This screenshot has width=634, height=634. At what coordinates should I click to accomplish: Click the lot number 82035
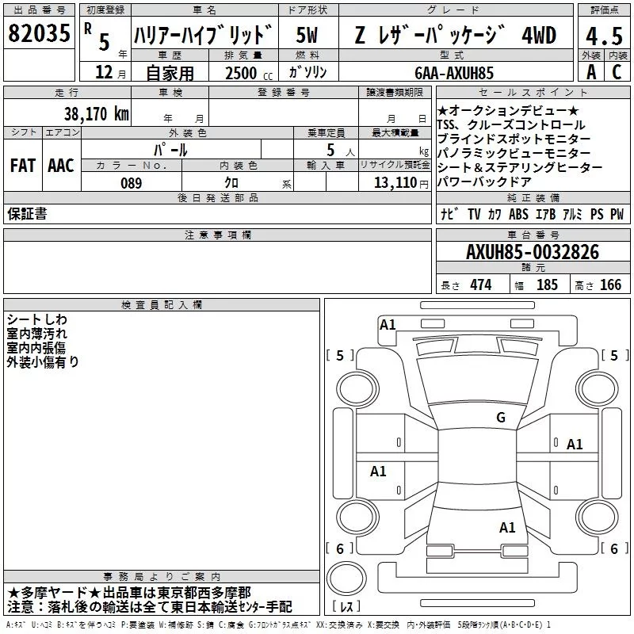39,33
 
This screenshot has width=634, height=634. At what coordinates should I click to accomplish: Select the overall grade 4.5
604,36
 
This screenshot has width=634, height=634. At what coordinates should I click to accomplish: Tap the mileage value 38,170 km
96,114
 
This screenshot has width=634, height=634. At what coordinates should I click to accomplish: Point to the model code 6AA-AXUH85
454,73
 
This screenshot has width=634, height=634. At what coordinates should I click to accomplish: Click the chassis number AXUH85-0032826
533,252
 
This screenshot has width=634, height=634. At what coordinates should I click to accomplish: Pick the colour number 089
131,183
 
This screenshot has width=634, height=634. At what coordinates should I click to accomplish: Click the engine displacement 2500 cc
249,73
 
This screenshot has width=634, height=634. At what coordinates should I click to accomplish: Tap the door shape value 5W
307,35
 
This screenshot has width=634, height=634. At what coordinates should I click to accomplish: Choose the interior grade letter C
617,72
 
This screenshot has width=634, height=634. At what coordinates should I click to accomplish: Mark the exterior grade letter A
591,72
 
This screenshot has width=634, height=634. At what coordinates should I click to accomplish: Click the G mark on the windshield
501,417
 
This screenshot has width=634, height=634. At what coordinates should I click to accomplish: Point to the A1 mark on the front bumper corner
388,325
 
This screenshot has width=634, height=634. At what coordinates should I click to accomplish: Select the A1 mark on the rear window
507,527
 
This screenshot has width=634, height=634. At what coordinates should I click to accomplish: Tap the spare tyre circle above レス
346,578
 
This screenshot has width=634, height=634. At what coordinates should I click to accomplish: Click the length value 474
481,285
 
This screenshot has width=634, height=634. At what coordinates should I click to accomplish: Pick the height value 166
610,285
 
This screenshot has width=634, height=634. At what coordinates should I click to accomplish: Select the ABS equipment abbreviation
518,214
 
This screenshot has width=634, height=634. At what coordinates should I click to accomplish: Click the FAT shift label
23,166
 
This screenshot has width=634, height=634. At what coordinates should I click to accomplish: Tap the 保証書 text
27,213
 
